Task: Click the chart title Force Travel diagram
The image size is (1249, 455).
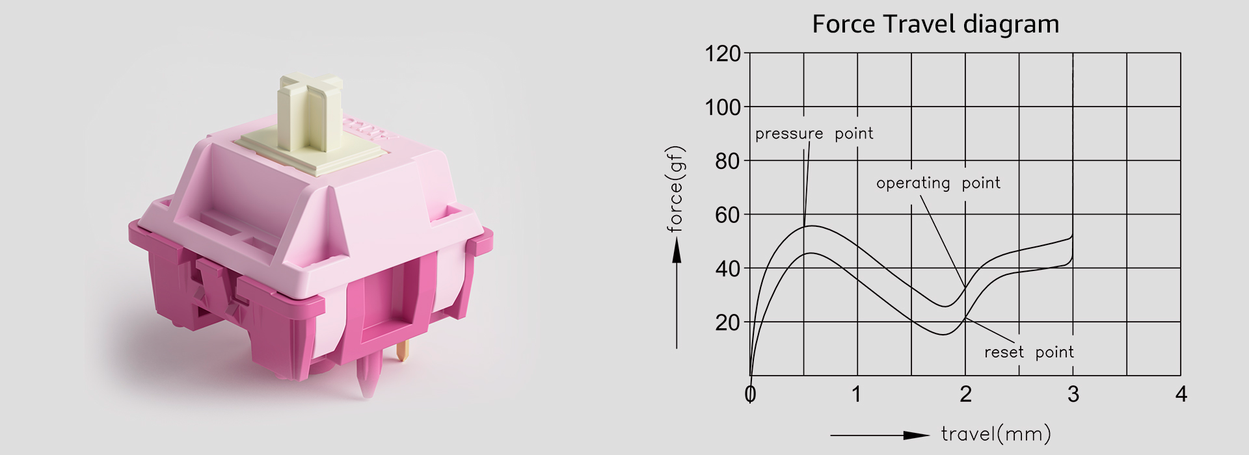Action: (935, 25)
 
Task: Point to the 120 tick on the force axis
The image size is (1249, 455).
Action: (723, 53)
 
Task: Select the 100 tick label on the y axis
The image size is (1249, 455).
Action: (723, 107)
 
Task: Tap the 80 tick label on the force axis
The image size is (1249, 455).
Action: (728, 161)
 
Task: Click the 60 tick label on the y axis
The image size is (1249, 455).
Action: (728, 214)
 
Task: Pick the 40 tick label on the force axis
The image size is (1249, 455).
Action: (728, 268)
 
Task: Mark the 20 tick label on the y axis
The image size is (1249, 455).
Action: (728, 322)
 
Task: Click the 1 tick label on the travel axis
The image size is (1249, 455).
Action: (857, 394)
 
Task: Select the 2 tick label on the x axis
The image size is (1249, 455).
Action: (965, 394)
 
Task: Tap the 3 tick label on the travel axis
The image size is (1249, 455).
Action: (1073, 394)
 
